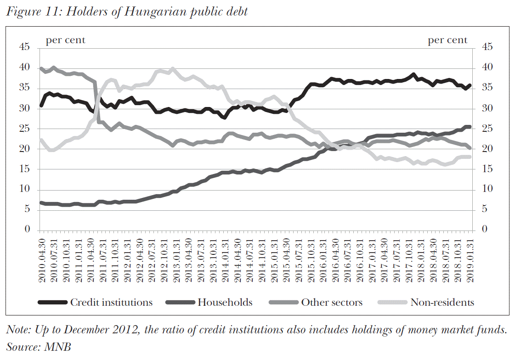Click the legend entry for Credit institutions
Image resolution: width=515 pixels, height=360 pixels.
pos(111,302)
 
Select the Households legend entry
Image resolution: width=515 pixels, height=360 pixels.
pos(225,302)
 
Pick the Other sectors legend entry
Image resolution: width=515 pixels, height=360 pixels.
pos(332,302)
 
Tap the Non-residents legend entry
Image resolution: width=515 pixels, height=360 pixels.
pos(442,302)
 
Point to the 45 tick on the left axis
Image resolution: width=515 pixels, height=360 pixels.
pos(23,47)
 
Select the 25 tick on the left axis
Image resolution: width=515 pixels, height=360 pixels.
pos(23,129)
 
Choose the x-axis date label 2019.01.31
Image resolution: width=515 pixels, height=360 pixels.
pos(470,257)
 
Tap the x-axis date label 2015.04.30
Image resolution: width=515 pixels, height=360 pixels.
pos(286,257)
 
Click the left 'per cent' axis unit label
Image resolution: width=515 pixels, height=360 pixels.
pos(65,40)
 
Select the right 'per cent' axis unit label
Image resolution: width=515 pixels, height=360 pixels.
pos(447,40)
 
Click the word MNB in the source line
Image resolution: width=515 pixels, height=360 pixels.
pos(57,346)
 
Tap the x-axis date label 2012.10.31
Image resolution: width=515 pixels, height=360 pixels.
pos(164,257)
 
